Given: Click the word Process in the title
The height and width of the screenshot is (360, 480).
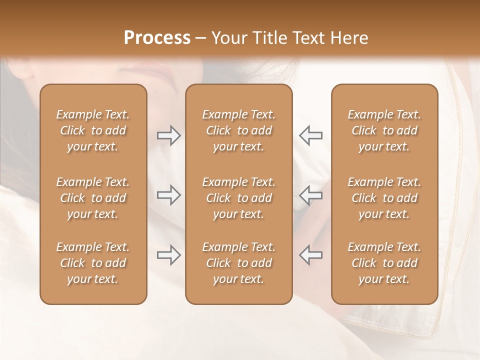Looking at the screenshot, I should [x=157, y=38].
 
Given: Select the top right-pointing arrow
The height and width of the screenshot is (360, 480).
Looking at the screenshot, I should [x=169, y=135].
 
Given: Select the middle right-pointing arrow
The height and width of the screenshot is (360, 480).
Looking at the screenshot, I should [x=169, y=195].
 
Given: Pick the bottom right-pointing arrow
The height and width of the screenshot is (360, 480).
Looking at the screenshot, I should [x=169, y=255].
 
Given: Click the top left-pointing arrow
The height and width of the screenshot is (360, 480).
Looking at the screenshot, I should [x=310, y=135].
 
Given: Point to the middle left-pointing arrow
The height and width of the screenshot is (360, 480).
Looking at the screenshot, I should [x=310, y=195].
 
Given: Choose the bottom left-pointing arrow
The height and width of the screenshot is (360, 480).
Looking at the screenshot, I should [x=310, y=255].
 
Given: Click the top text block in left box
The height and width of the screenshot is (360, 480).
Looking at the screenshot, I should [x=93, y=130].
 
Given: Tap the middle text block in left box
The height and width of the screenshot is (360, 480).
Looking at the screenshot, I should [x=93, y=198].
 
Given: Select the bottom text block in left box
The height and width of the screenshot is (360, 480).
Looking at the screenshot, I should [x=93, y=263].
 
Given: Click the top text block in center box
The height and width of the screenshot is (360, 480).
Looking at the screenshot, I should [x=238, y=130].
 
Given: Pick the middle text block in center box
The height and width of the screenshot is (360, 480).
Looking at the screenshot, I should [x=238, y=198].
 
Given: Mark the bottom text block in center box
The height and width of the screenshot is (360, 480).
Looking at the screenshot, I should [x=238, y=263].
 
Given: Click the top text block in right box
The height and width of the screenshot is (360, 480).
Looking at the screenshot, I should [x=384, y=130].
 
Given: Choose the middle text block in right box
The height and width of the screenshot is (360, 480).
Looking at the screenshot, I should [x=384, y=198].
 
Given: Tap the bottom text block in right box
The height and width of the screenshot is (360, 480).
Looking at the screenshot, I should [x=384, y=263].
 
